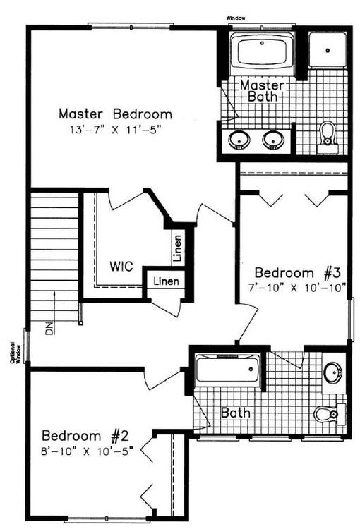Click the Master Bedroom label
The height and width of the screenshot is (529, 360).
115,114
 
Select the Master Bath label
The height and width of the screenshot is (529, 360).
263,90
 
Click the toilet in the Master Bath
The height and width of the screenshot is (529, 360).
327,134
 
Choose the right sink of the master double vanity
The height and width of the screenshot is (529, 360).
273,140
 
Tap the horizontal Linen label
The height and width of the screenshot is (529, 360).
167,282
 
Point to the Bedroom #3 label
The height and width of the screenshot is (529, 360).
298,272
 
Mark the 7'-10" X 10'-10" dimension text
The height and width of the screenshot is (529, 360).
299,287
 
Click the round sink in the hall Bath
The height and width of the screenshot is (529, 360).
332,372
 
